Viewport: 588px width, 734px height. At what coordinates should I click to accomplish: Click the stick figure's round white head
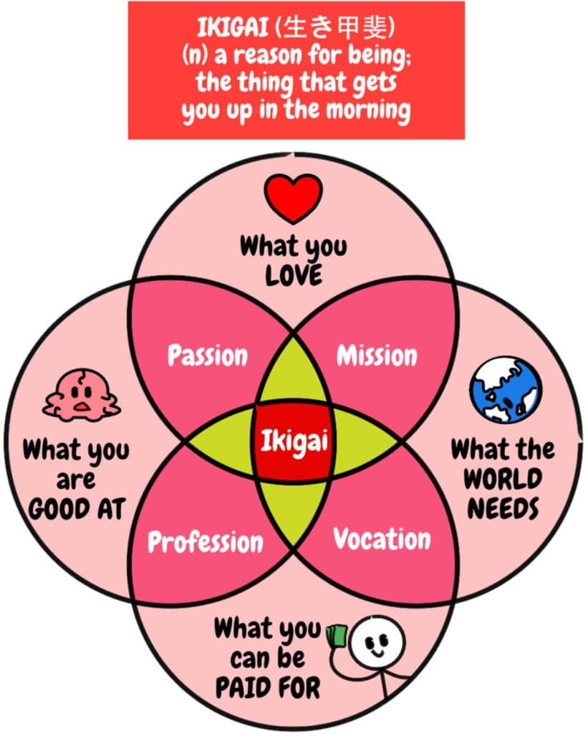[x=377, y=641]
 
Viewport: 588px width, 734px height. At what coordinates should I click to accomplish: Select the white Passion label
[x=208, y=356]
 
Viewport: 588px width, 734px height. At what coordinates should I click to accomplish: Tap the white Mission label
[x=377, y=356]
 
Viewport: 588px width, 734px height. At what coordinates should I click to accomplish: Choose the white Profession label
[x=206, y=542]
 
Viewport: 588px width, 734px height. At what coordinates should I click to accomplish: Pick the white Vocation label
[x=382, y=538]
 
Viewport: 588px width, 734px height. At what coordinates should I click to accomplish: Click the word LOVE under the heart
[x=294, y=275]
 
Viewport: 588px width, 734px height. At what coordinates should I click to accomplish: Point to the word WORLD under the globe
[x=503, y=478]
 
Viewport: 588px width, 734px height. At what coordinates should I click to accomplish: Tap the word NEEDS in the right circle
[x=503, y=508]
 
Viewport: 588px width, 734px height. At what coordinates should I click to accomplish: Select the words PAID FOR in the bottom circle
[x=268, y=687]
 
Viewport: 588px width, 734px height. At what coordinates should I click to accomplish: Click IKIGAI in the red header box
[x=233, y=27]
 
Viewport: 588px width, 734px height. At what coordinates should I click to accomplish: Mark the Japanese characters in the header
[x=337, y=27]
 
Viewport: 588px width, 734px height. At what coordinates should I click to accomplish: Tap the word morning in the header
[x=368, y=110]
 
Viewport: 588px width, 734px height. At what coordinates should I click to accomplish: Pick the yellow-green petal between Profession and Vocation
[x=294, y=513]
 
